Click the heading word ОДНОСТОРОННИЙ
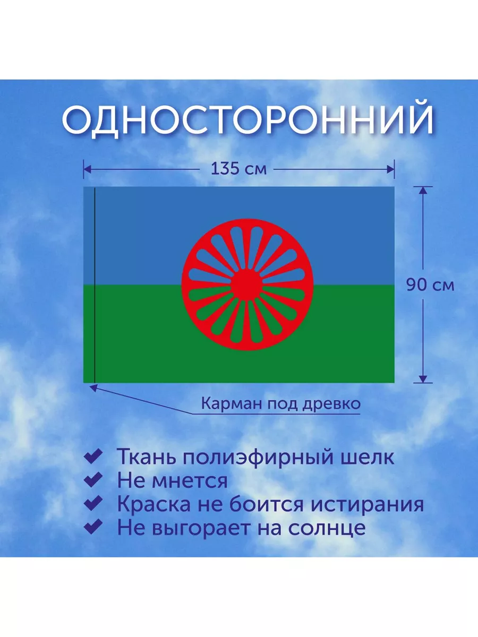click(x=247, y=119)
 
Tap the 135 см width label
click(x=238, y=169)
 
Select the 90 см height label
click(x=430, y=285)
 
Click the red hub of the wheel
click(x=247, y=285)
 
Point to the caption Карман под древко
click(x=280, y=403)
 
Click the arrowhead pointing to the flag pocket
click(x=93, y=388)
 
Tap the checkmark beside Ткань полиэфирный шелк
click(x=93, y=456)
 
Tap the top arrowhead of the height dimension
click(x=423, y=191)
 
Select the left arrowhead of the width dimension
click(x=87, y=169)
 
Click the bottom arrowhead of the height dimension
click(x=423, y=379)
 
